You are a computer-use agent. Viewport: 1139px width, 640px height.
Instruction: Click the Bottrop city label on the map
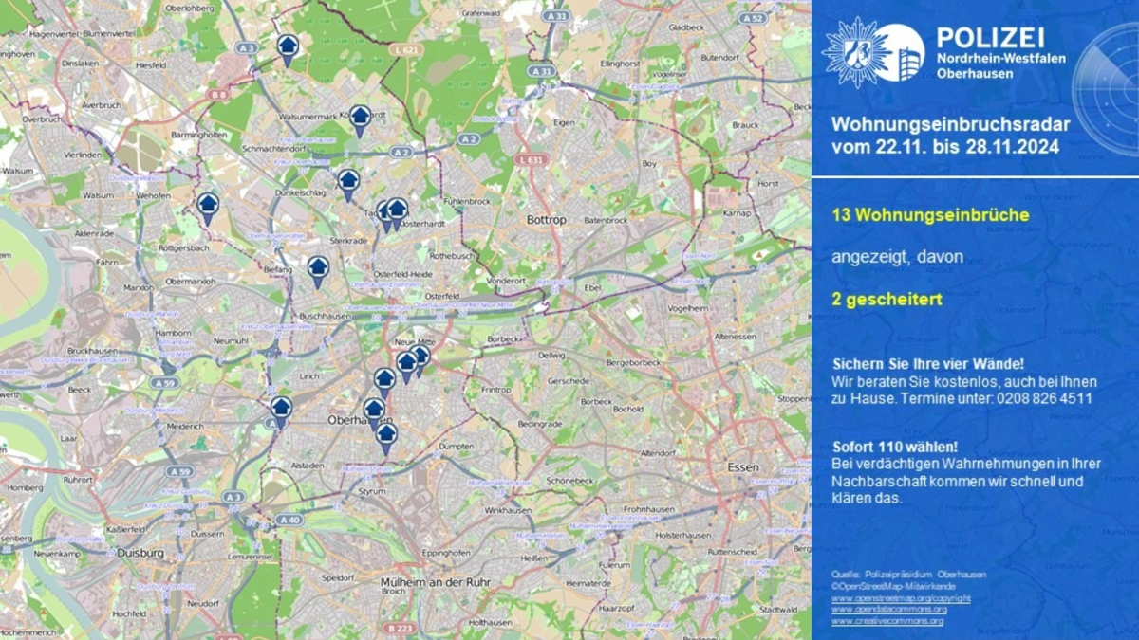coord(546,220)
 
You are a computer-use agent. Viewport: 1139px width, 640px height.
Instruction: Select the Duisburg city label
coord(140,553)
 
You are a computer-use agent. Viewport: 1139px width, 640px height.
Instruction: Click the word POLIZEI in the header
coord(990,37)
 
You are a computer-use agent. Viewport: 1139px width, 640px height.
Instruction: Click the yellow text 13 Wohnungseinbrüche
coord(930,215)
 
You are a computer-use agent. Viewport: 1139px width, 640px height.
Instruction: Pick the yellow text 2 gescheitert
coord(887,300)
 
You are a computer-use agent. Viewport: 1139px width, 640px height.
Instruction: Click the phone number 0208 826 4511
coord(1044,398)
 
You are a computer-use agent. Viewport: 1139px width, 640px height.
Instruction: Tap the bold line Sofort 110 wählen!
coord(895,447)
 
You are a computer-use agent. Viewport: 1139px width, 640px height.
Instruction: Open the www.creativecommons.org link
coord(887,620)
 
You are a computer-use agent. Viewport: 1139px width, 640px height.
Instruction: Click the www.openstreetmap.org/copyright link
coord(901,598)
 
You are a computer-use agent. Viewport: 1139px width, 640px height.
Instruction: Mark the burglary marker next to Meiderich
coord(280,410)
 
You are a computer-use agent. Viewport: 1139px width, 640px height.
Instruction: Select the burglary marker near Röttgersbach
coord(208,206)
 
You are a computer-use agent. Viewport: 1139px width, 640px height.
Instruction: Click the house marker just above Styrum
coord(386,436)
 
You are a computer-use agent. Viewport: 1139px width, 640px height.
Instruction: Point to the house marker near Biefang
coord(318,269)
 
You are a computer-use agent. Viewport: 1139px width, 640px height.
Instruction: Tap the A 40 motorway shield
coord(289,520)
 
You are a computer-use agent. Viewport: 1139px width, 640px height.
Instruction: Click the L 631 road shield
coord(532,160)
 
